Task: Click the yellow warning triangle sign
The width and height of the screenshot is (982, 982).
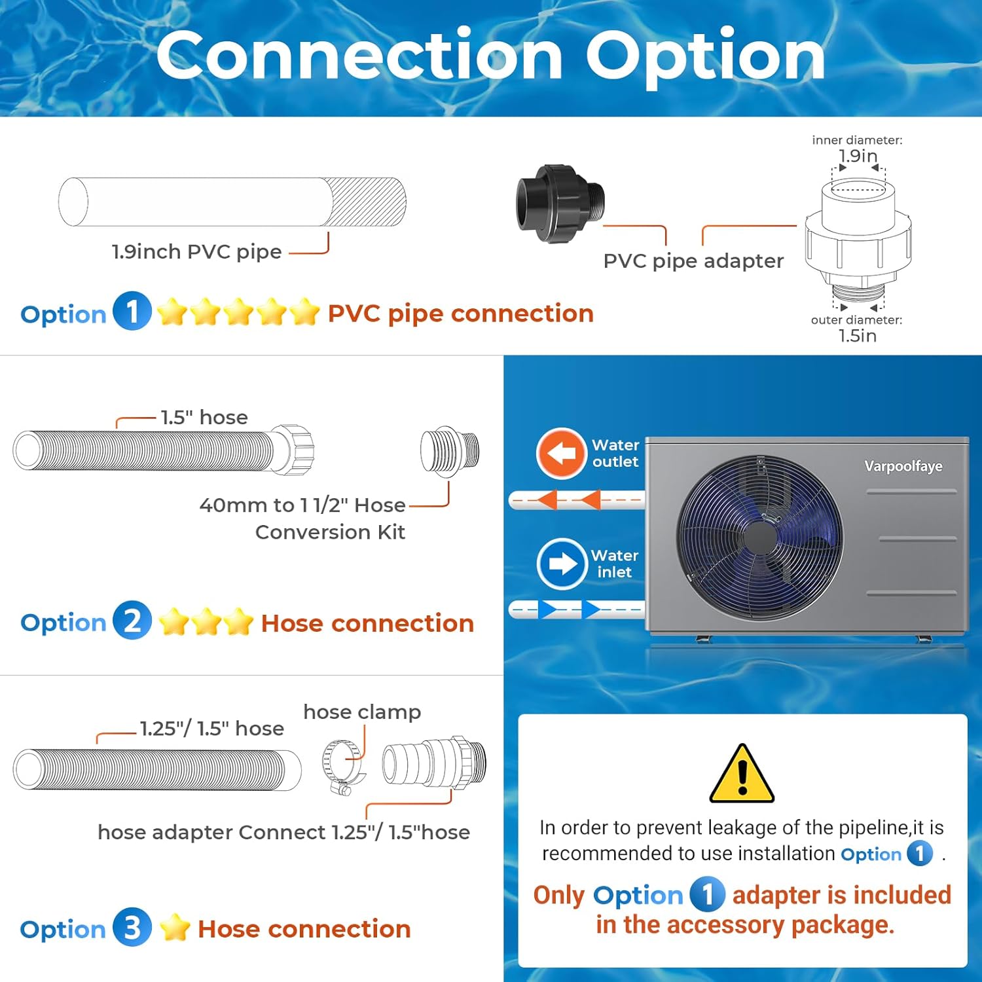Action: [x=742, y=776]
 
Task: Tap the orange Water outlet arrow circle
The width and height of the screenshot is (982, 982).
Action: [x=560, y=453]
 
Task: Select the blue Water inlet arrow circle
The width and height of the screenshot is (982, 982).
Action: [x=561, y=564]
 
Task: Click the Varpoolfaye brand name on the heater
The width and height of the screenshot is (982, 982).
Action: [x=903, y=466]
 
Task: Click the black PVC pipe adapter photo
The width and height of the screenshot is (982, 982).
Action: [x=560, y=204]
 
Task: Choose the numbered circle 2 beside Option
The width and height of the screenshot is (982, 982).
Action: [x=132, y=620]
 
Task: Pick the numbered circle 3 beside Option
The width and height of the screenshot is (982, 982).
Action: [x=132, y=927]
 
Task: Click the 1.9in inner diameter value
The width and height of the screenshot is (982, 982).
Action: [x=858, y=156]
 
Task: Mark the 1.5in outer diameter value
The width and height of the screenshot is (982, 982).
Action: [x=858, y=336]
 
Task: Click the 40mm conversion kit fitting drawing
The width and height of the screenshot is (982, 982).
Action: [x=450, y=450]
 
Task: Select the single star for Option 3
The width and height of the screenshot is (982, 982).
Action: [x=175, y=928]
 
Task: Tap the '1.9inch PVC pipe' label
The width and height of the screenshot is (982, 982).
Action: [x=196, y=251]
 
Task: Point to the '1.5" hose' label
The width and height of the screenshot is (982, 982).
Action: [x=204, y=417]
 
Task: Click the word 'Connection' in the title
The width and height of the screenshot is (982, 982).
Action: [x=359, y=56]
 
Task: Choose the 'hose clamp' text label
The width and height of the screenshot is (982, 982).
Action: [x=362, y=712]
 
